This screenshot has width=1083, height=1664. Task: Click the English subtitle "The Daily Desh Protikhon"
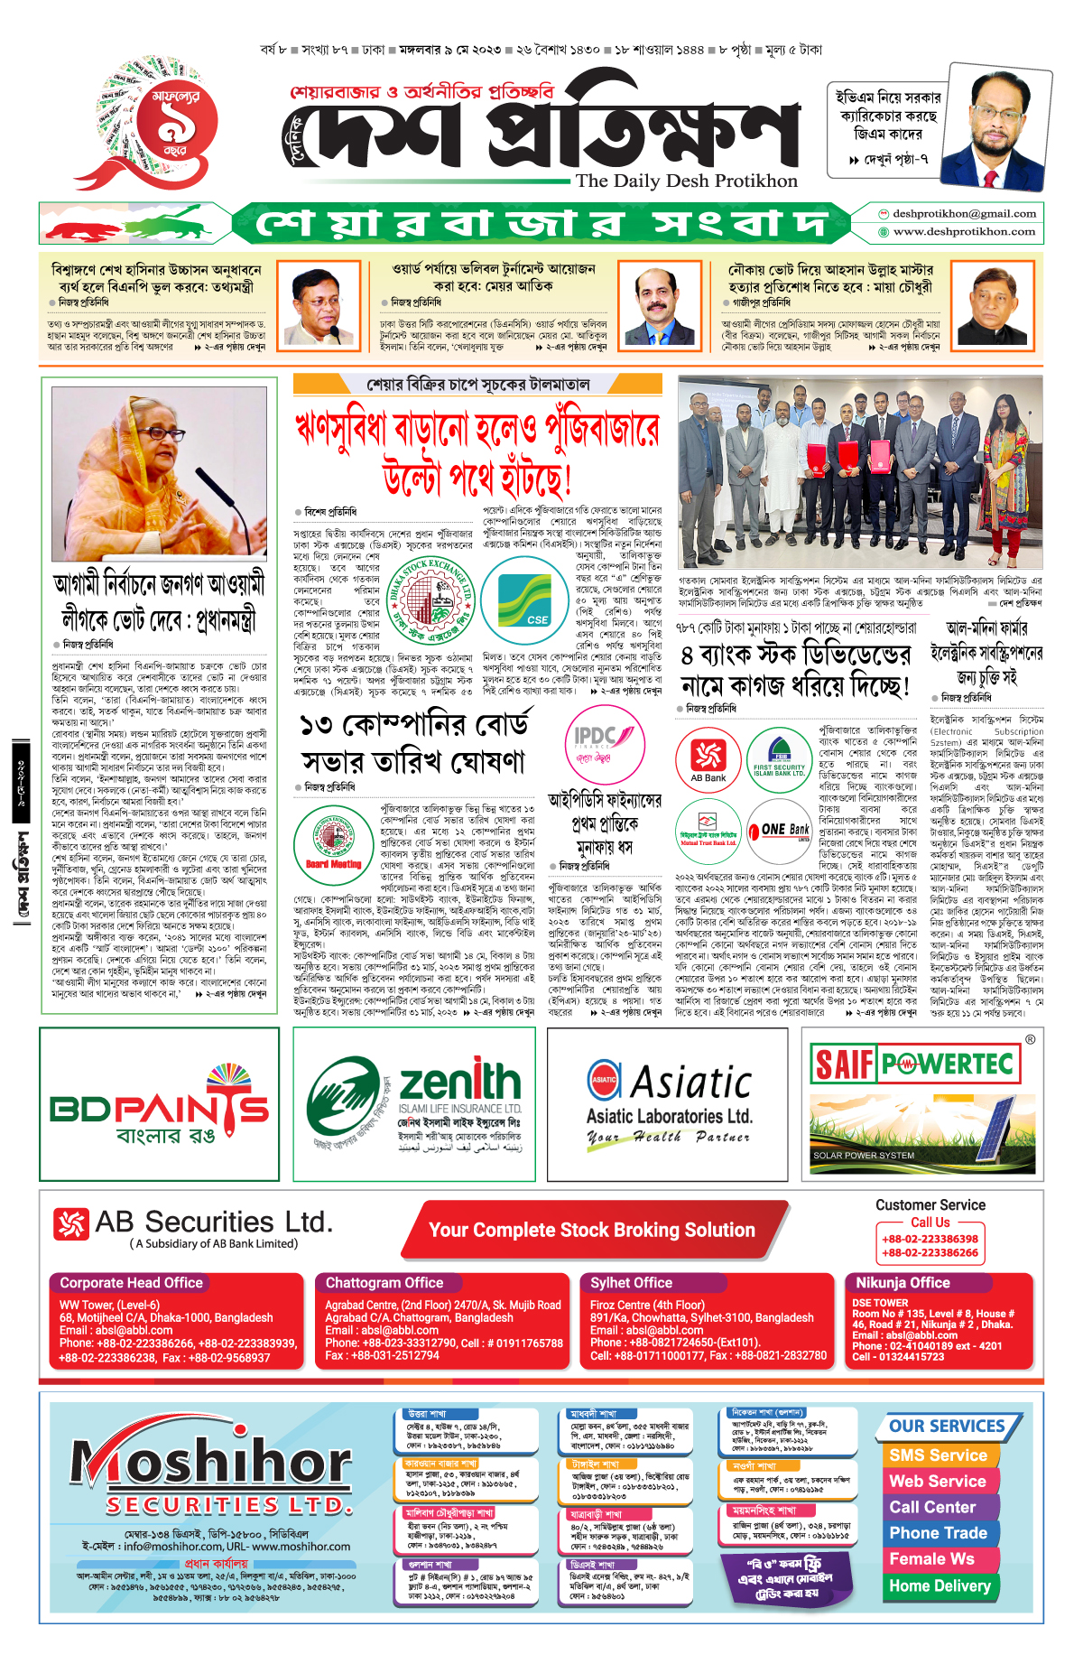tap(687, 181)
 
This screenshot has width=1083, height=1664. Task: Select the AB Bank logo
tap(708, 758)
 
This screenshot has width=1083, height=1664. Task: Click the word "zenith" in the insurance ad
tap(459, 1082)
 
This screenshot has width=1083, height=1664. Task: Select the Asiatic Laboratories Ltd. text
tap(669, 1116)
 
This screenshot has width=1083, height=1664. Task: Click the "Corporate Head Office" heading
tap(132, 1283)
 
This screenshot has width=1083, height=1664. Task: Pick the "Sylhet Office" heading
tap(631, 1283)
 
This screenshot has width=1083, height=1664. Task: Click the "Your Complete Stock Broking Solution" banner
tap(591, 1230)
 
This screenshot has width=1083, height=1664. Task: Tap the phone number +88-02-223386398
tap(930, 1239)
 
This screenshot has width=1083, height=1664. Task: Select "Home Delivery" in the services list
tap(940, 1585)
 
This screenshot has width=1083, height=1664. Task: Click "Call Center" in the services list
tap(932, 1507)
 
